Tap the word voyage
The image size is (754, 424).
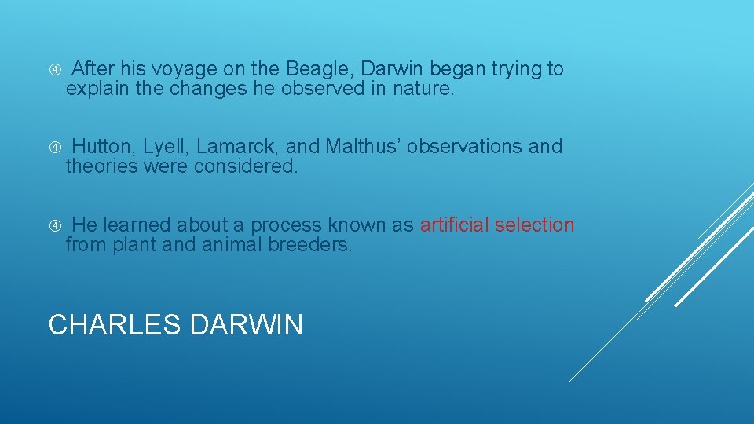tap(177, 69)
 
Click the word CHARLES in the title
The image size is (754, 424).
tap(114, 324)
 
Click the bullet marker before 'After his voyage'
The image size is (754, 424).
tap(55, 70)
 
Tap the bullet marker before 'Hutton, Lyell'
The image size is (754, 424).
tap(55, 147)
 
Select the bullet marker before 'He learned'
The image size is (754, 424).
tap(55, 225)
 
